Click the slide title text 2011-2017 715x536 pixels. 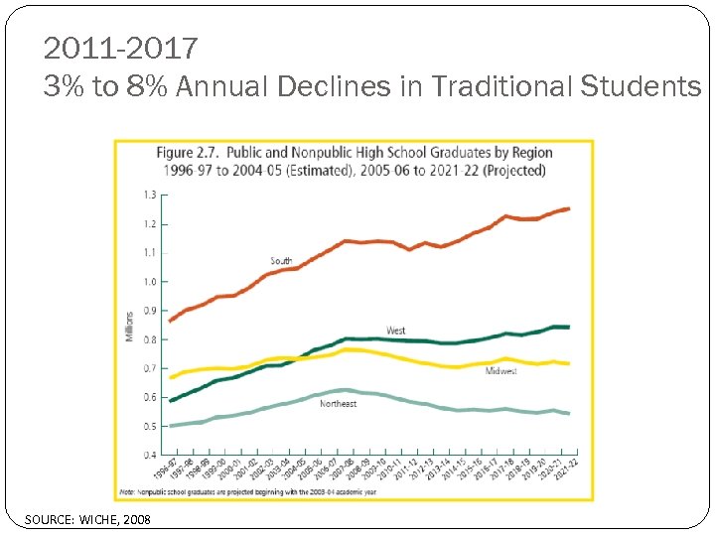[x=121, y=47]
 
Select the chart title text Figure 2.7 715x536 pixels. [x=188, y=153]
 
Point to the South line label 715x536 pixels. [x=281, y=261]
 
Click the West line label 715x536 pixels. [x=395, y=331]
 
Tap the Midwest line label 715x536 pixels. [x=500, y=371]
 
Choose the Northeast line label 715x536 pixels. [x=338, y=404]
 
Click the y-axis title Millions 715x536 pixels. [x=129, y=326]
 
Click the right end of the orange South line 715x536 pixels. [x=569, y=208]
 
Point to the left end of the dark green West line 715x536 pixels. [x=171, y=401]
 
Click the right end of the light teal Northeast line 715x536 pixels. [x=569, y=413]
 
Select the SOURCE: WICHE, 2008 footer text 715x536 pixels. [x=88, y=519]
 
